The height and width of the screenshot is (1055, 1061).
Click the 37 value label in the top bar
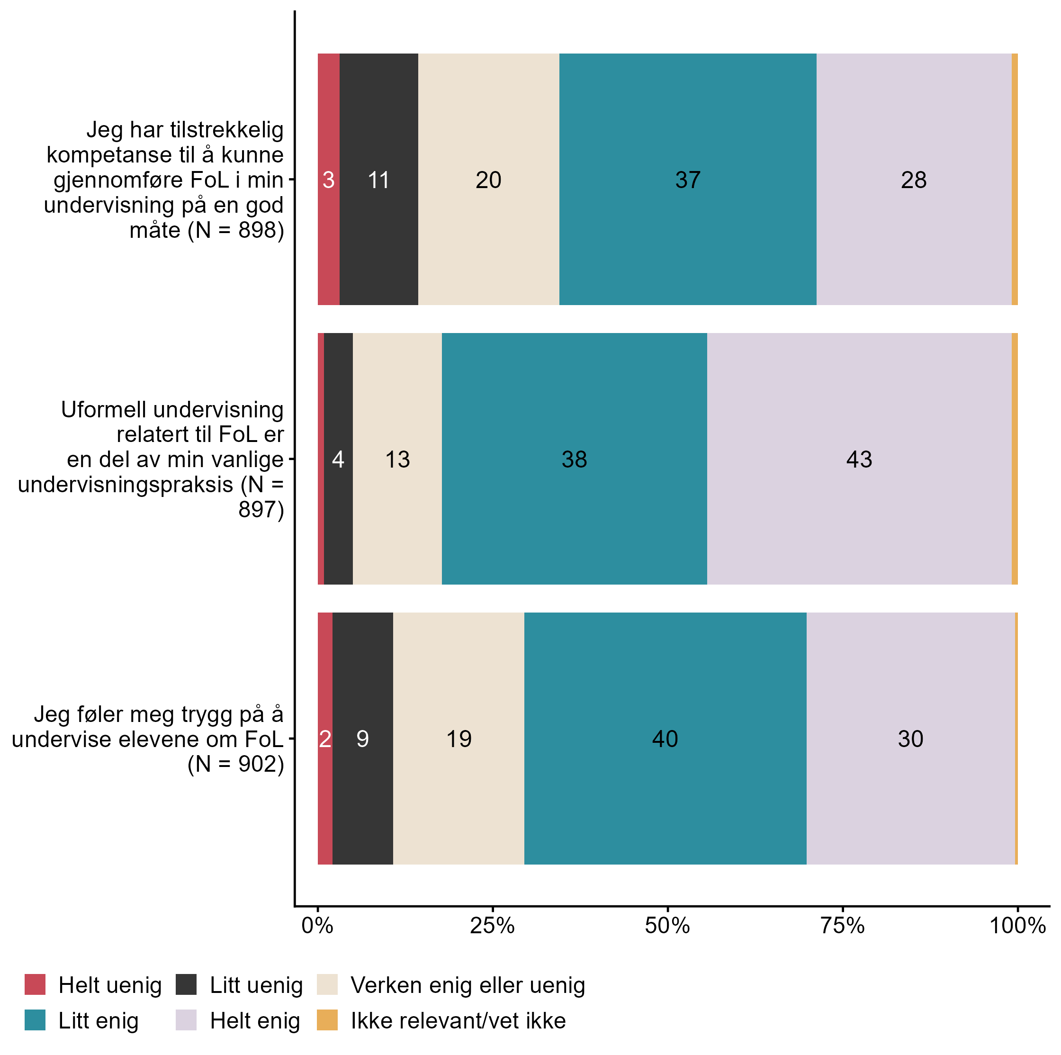pos(688,180)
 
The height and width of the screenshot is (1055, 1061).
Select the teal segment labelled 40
pos(665,739)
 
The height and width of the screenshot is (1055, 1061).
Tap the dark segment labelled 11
pos(378,180)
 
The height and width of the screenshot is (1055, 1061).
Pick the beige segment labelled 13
pos(397,459)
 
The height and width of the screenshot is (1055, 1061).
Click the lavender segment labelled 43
pos(859,459)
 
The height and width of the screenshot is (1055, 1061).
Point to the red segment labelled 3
pos(328,180)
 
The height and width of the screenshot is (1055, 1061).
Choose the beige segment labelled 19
pos(459,739)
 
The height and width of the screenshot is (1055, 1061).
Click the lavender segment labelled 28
pos(913,180)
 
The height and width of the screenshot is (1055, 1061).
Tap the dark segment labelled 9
pos(362,739)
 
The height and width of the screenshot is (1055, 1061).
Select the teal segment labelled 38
pos(574,459)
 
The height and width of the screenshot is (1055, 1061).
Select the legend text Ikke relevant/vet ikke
pos(458,1020)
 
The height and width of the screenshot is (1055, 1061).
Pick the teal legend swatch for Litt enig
pos(35,1020)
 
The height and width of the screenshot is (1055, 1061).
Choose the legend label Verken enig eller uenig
pos(468,985)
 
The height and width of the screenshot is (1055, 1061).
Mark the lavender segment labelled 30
pos(910,739)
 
